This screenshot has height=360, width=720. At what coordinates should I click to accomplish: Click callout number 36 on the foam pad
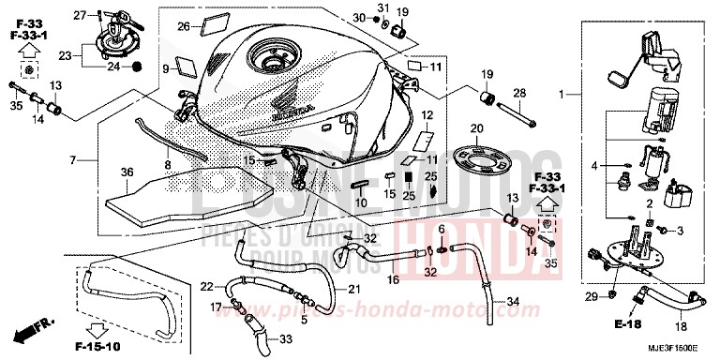(127, 172)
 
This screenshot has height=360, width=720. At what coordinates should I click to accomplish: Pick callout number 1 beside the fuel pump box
(563, 95)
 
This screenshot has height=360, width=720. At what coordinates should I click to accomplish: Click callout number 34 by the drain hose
(513, 302)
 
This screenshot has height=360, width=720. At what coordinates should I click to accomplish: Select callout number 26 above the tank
(184, 25)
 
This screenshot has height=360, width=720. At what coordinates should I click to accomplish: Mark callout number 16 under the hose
(394, 279)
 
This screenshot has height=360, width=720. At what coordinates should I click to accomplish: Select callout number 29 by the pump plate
(591, 297)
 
